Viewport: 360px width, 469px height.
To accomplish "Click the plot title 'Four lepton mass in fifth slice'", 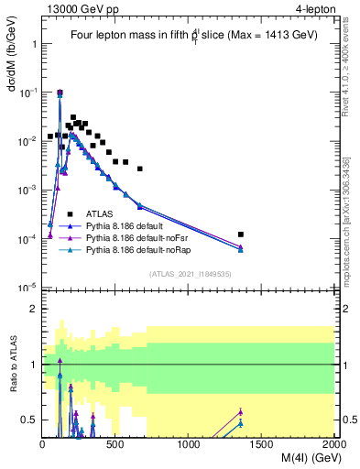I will click(x=188, y=36).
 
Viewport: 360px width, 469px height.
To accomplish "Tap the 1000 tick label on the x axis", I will click(x=189, y=444).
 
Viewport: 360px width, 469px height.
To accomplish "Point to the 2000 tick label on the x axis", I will click(x=334, y=444).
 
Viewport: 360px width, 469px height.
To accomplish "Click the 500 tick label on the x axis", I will click(x=115, y=444).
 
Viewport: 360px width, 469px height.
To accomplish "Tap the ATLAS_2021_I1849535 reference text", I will click(x=189, y=273).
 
